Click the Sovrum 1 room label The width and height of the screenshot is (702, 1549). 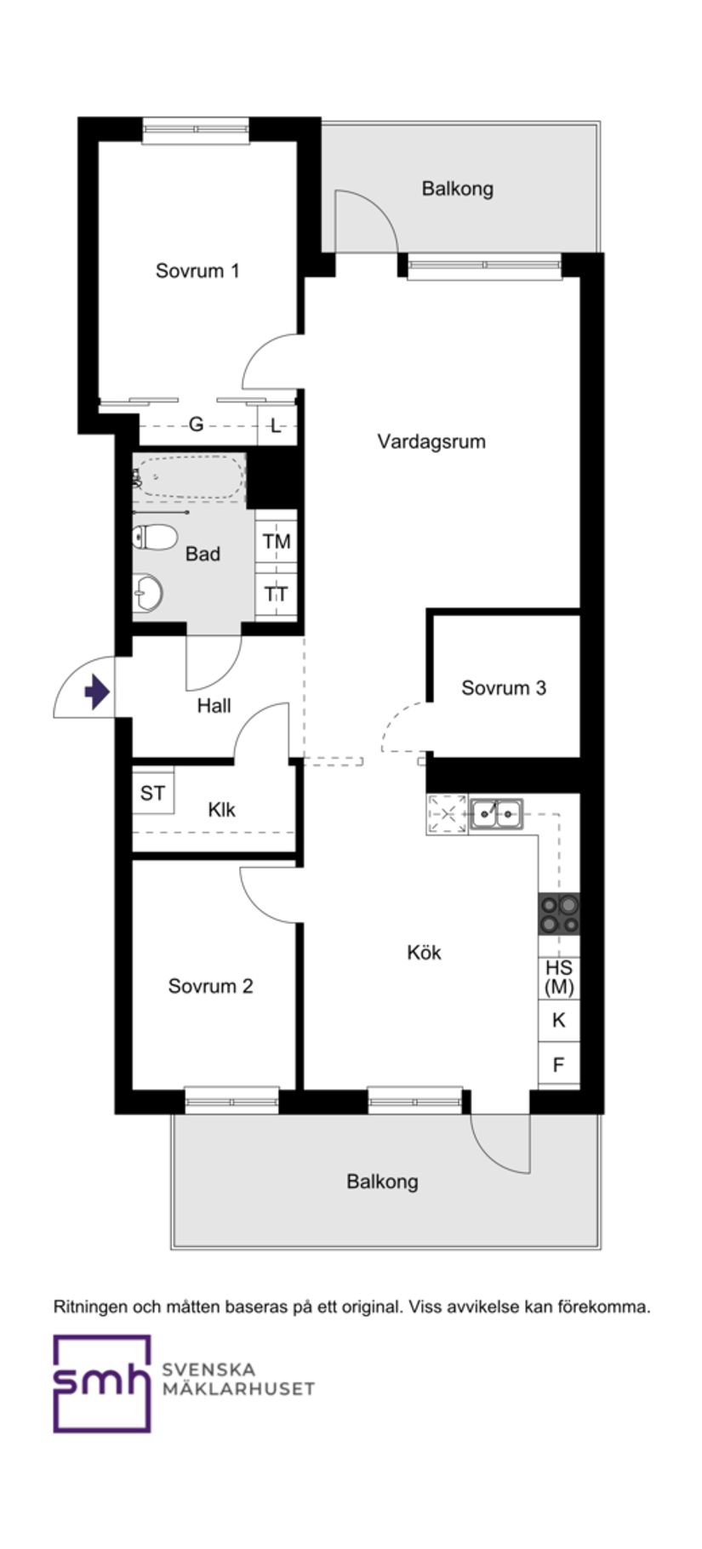click(197, 271)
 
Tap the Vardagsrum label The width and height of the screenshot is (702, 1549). click(431, 441)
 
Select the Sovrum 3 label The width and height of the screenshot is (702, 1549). click(504, 687)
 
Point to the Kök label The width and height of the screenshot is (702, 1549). click(424, 952)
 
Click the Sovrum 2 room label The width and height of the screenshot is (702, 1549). click(210, 986)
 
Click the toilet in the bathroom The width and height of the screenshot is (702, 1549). click(154, 537)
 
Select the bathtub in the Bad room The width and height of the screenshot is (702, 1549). click(189, 477)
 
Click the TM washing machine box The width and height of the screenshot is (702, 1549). click(276, 541)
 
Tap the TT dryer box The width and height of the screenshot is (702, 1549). click(276, 594)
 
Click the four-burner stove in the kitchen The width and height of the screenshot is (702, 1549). click(559, 914)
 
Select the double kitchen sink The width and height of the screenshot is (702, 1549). click(496, 814)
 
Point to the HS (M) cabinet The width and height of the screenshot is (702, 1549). click(559, 977)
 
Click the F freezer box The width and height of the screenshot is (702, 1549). click(559, 1064)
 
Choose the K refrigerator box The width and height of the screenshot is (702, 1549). click(559, 1020)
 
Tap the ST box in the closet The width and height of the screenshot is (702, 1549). click(153, 794)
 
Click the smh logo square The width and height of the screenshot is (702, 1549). click(102, 1383)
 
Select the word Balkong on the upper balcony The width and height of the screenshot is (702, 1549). click(458, 188)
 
